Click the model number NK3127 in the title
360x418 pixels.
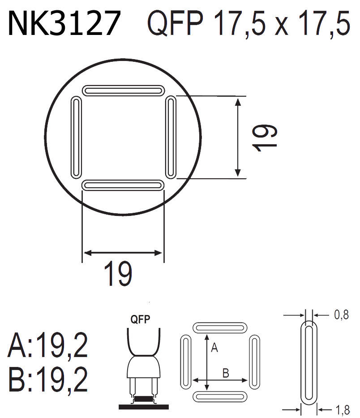tap(64, 24)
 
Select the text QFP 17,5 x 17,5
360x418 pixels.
tap(249, 24)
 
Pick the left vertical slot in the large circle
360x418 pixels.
tap(77, 138)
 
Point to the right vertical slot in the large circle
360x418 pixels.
tap(170, 138)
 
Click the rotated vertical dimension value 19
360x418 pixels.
tap(264, 138)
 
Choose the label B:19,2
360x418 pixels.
tap(47, 380)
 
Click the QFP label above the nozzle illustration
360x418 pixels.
tap(140, 319)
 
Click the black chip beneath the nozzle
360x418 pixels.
tap(143, 398)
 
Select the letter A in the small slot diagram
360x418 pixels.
tap(214, 347)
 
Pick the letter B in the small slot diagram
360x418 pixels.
tap(226, 373)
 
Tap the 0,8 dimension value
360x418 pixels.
tap(341, 315)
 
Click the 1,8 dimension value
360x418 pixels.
tap(341, 409)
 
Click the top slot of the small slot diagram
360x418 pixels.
tap(219, 327)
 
